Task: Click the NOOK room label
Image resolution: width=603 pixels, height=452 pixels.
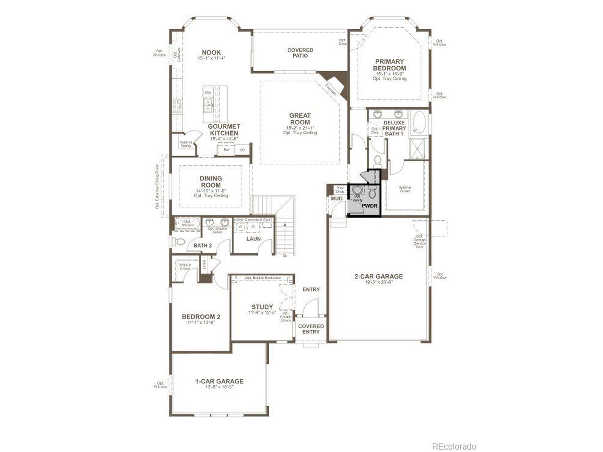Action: (x=211, y=52)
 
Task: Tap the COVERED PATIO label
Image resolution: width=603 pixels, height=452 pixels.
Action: (x=300, y=53)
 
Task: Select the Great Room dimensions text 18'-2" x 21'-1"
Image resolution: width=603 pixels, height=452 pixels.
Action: (x=300, y=128)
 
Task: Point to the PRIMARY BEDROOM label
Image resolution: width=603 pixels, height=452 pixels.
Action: (x=389, y=65)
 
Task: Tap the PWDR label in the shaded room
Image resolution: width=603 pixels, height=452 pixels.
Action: (x=369, y=206)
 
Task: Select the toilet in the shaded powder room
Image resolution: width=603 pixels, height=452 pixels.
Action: (x=372, y=193)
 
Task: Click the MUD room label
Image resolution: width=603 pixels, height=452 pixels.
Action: (x=336, y=199)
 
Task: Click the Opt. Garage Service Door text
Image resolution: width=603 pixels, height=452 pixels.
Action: (x=419, y=241)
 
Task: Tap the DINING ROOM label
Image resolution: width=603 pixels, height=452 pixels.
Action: (x=211, y=182)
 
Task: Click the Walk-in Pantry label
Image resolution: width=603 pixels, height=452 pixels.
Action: (x=186, y=144)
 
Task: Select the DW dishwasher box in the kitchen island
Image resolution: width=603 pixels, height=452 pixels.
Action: (x=208, y=93)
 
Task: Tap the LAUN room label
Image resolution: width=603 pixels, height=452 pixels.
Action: (x=253, y=239)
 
